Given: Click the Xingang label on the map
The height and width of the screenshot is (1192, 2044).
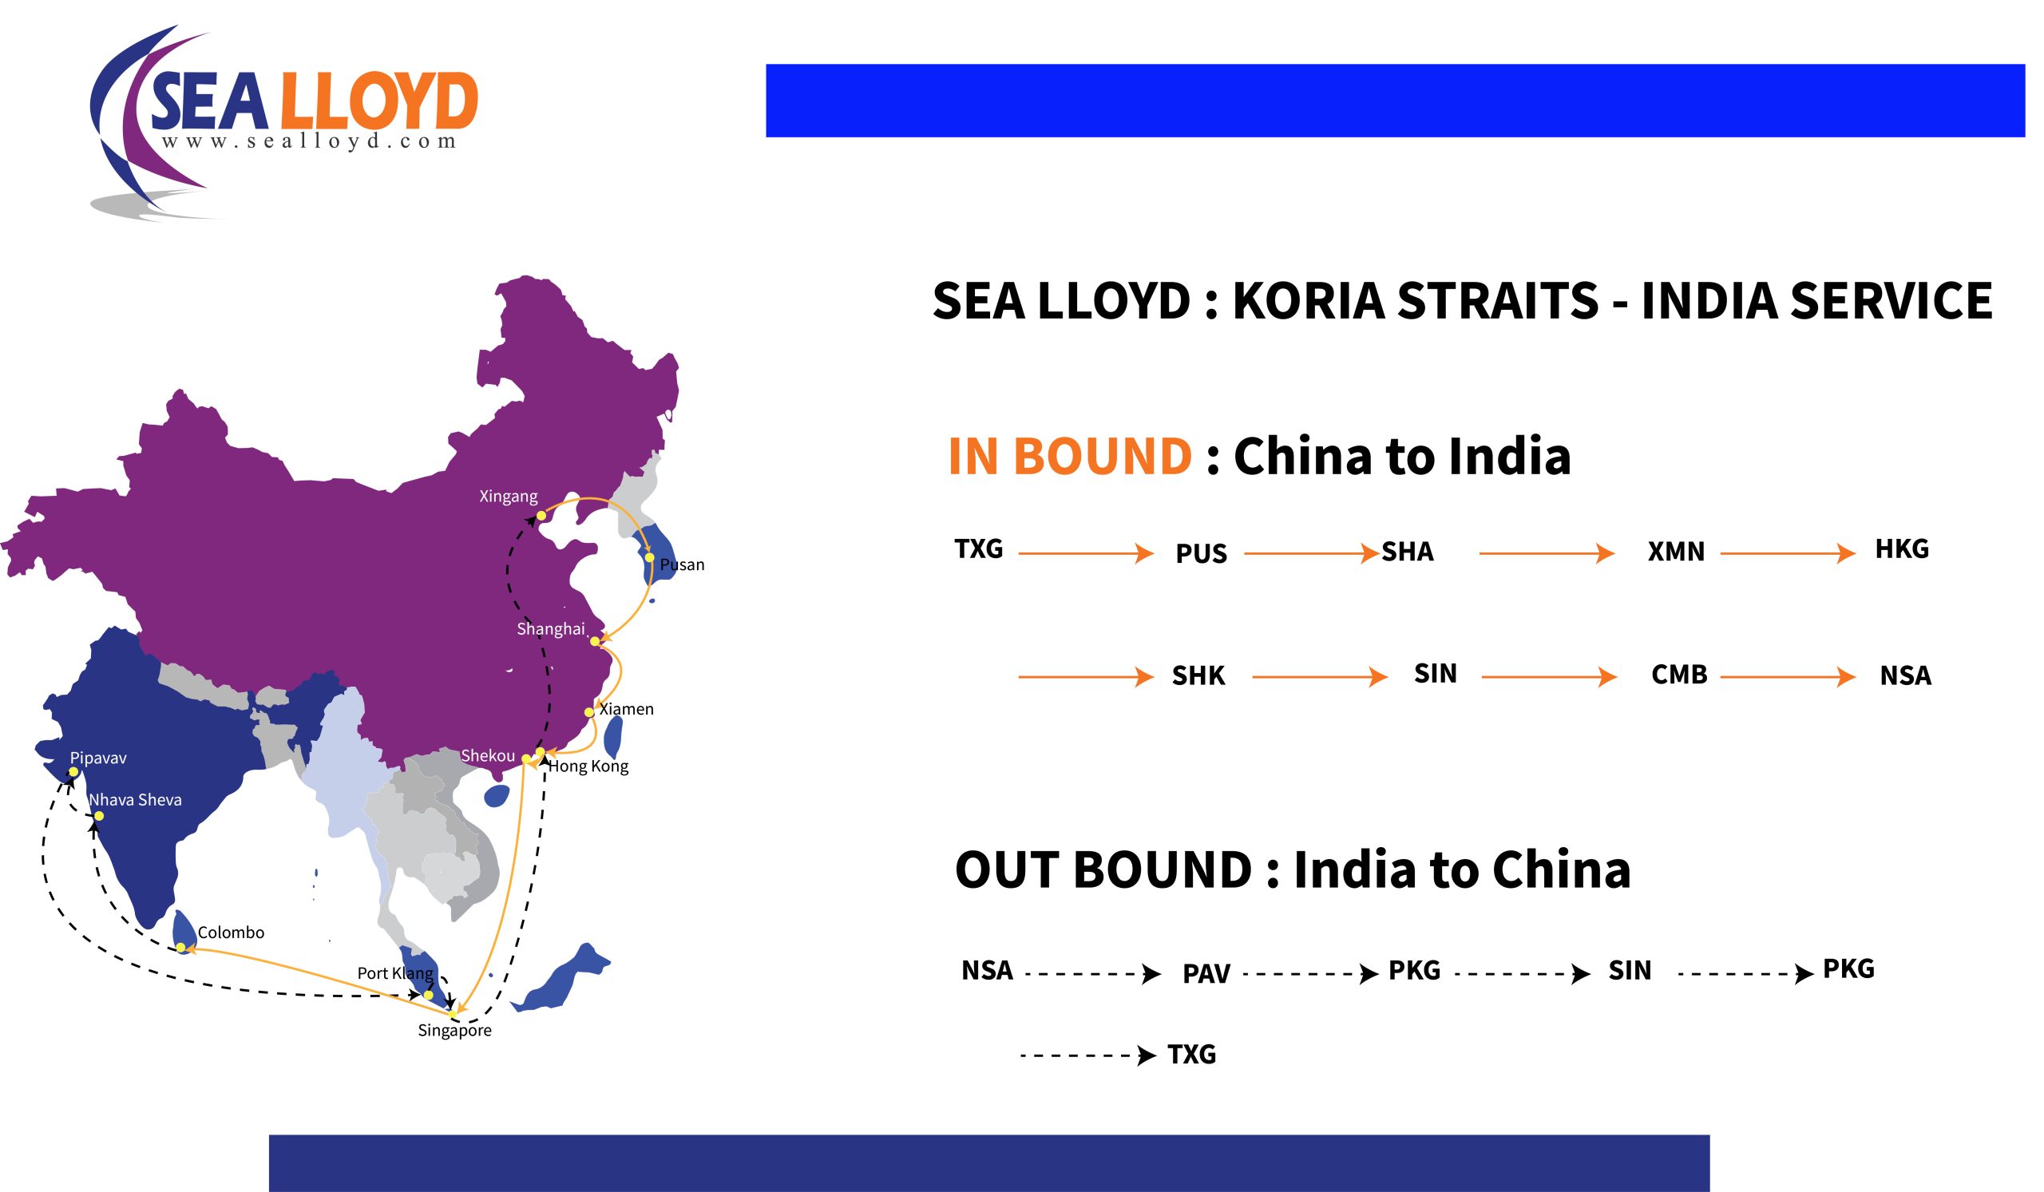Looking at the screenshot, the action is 508,497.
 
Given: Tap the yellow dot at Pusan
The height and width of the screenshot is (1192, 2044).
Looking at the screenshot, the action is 650,557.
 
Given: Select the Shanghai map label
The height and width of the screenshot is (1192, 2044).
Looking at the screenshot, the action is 551,629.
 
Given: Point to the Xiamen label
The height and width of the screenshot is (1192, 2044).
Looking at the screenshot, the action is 626,709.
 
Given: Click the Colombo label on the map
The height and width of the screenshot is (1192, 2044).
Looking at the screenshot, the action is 232,933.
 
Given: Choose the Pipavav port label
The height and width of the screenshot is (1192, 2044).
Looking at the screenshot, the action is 98,758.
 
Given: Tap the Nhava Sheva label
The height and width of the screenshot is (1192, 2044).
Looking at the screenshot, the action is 136,799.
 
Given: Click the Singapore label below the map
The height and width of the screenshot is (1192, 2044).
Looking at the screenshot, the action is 454,1031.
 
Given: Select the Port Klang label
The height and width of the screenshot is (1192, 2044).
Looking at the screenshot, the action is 396,973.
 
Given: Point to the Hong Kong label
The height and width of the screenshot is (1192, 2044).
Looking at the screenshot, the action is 588,766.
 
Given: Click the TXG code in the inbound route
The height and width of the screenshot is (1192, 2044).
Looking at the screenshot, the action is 979,549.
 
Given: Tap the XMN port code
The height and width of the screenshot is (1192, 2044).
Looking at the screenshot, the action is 1676,552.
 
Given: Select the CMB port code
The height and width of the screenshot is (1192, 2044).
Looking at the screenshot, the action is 1679,675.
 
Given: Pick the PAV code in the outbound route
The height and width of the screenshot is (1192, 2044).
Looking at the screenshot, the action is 1206,974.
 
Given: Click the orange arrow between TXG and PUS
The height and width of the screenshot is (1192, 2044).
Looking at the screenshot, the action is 1086,553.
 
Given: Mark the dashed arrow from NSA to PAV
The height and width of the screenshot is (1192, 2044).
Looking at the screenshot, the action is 1092,973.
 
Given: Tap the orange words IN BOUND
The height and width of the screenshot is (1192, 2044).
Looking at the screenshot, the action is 1070,456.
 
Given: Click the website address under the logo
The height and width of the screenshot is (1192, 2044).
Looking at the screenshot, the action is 309,141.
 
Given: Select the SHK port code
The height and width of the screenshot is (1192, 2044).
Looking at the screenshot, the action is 1198,675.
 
